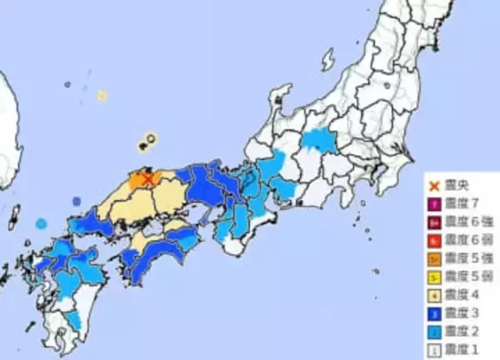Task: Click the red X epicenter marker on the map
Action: tap(148, 178)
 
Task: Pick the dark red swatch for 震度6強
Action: tap(433, 222)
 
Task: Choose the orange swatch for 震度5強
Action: tap(433, 257)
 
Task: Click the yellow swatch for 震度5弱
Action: tap(433, 275)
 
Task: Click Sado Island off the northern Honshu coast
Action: tap(327, 59)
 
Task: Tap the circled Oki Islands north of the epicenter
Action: tap(150, 140)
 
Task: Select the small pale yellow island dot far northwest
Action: tap(102, 96)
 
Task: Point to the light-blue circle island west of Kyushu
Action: tap(42, 223)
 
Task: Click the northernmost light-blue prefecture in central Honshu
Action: tap(319, 140)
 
